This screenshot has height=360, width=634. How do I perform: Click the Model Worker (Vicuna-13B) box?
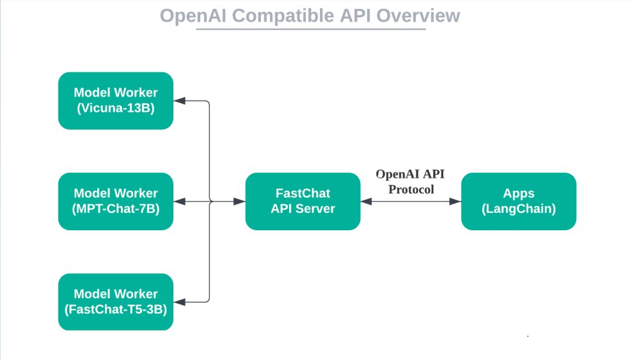click(115, 100)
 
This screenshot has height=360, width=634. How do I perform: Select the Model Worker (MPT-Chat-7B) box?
click(115, 201)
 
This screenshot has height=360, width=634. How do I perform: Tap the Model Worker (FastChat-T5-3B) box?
click(115, 302)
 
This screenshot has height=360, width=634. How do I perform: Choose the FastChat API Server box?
click(303, 201)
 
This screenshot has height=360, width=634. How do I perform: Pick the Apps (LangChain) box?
click(518, 201)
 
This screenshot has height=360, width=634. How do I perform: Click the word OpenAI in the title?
click(193, 15)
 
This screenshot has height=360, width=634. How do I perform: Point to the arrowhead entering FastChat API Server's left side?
click(240, 201)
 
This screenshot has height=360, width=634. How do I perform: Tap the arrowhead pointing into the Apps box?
click(456, 201)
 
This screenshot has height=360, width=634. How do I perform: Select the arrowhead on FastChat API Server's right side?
click(366, 201)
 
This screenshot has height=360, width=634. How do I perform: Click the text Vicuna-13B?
click(116, 108)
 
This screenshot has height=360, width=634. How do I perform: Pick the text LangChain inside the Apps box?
click(518, 208)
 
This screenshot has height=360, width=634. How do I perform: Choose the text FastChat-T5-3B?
click(116, 309)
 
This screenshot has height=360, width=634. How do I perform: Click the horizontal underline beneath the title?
click(310, 29)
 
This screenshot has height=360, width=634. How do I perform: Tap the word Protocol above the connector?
click(411, 189)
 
